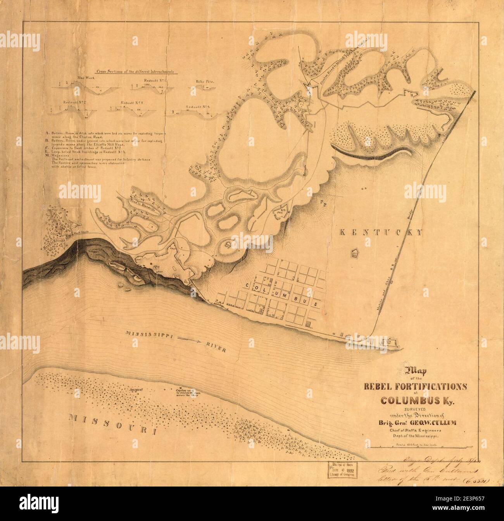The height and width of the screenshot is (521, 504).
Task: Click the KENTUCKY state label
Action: [380, 232]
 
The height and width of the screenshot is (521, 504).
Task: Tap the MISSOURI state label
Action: [113, 424]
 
